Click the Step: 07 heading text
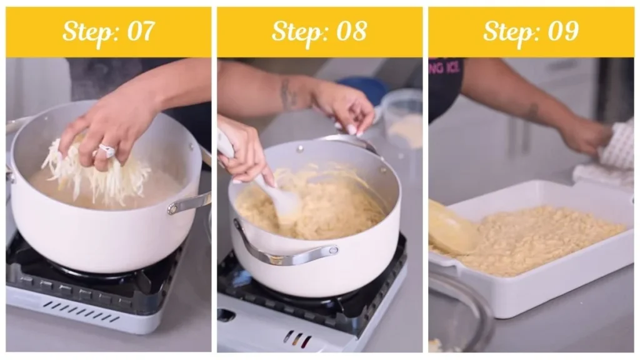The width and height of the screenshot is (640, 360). point(108,31)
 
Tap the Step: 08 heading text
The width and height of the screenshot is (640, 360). point(319,31)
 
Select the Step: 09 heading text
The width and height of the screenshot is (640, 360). point(531,31)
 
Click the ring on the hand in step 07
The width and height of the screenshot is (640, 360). point(107,151)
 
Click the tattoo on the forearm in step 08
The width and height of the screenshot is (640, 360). point(289,94)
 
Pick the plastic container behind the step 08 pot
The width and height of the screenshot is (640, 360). point(403,119)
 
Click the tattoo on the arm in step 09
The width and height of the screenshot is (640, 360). point(532,112)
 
